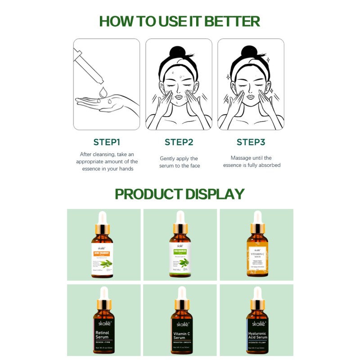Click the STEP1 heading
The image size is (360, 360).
click(107, 142)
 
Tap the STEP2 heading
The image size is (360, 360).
click(179, 142)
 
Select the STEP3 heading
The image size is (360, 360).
click(251, 142)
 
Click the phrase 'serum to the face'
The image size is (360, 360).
click(180, 166)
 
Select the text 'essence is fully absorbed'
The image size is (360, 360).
click(252, 165)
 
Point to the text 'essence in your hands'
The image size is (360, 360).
click(107, 169)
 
